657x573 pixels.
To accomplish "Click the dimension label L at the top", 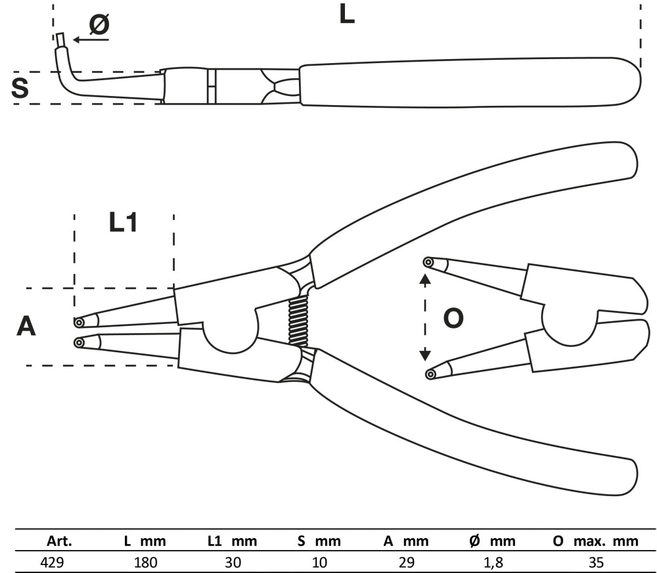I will coord(346,14).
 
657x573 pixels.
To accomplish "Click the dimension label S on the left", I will coord(20,89).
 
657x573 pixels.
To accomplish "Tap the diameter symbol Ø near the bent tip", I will coord(99,25).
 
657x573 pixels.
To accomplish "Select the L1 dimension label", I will coord(123,223).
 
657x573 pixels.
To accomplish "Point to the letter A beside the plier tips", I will coord(26,326).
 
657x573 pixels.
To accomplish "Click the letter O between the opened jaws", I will coord(453,319).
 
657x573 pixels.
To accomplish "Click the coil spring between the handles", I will coord(299,321).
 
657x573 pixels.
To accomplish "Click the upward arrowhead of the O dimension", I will coord(425,280).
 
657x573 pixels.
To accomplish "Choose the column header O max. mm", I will coord(596,542).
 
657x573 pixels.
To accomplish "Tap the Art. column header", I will coord(59,542).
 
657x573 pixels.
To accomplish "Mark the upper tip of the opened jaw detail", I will coord(428,263).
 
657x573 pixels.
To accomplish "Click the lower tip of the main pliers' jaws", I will coord(79,342).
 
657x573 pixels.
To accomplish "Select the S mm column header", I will coord(319,542).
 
